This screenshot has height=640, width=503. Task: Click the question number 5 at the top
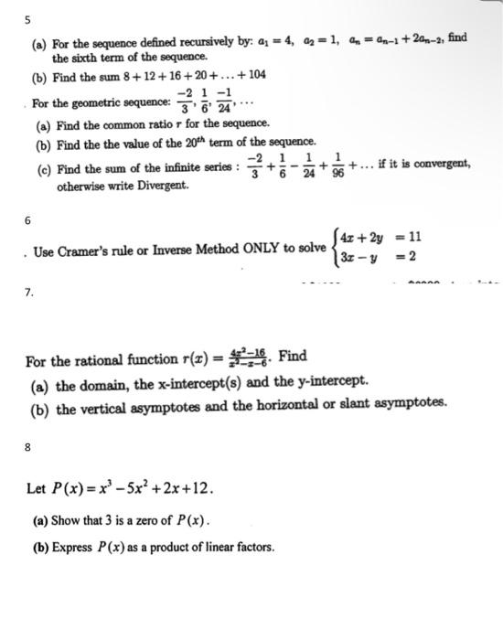(27, 18)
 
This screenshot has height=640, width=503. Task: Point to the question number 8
(27, 448)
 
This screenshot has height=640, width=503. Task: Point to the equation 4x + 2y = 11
(380, 239)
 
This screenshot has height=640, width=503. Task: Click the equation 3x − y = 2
(380, 257)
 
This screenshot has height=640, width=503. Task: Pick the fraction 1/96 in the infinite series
(338, 165)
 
